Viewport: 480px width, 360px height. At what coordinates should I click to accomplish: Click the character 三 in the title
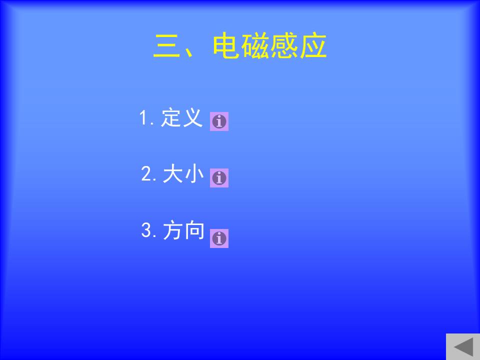point(166,46)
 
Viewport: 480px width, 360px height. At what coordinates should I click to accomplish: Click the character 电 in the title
point(225,45)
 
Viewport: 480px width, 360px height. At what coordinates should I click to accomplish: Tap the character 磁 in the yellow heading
point(254,45)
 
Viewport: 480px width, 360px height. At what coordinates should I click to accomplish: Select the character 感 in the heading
point(283,45)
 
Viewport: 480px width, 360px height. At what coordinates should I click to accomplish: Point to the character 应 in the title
point(313,45)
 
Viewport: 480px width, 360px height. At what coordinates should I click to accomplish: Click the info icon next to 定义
point(219,121)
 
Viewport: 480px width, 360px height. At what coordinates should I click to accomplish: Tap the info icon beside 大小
point(219,178)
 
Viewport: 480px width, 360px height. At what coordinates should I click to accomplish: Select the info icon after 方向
point(219,238)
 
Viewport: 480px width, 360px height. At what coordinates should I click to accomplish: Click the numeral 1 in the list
point(143,117)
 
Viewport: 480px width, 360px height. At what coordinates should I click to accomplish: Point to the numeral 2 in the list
point(146,173)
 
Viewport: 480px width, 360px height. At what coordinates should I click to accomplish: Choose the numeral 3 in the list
point(146,230)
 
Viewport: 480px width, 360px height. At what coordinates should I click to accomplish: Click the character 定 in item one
point(171,117)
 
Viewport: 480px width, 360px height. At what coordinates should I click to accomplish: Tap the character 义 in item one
point(192,117)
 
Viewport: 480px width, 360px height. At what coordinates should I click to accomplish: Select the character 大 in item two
point(172,173)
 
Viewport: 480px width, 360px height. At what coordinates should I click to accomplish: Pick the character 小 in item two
point(194,173)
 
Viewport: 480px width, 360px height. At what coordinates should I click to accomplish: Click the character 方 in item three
point(172,230)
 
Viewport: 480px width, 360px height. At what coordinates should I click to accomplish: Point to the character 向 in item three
point(194,230)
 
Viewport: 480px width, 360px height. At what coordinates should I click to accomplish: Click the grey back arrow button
point(463,347)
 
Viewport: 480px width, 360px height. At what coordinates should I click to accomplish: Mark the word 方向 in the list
point(183,230)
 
